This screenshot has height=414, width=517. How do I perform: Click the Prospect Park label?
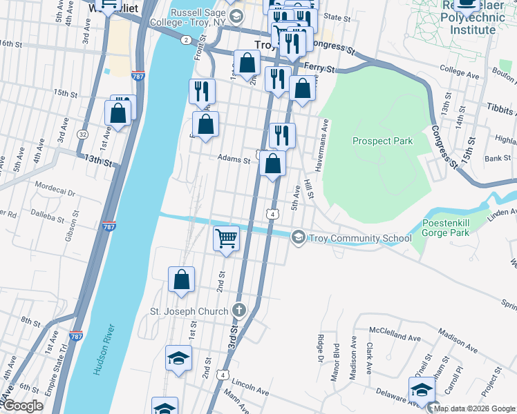[x=382, y=141]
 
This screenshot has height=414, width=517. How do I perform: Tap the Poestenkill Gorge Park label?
[x=446, y=228]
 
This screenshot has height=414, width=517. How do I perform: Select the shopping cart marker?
[x=226, y=239]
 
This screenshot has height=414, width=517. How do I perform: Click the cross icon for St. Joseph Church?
[x=239, y=311]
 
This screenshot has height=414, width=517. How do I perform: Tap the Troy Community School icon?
[x=298, y=238]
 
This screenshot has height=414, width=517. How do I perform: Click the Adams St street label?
[x=234, y=159]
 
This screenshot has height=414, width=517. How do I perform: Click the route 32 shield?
[x=83, y=134]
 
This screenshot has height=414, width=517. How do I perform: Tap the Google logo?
[x=23, y=406]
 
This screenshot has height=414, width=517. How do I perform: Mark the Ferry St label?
[x=320, y=69]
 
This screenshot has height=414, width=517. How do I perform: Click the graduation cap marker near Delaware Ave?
[x=421, y=390]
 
